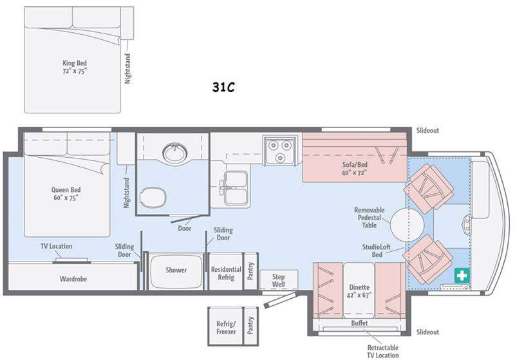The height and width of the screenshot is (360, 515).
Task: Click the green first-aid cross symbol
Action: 462,275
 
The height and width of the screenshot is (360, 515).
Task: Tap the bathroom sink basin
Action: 175,152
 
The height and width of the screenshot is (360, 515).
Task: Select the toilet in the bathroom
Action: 153,197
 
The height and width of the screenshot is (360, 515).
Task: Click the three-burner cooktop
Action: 280,150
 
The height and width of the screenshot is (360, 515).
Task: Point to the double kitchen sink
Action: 236,188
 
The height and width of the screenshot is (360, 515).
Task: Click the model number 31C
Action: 223,87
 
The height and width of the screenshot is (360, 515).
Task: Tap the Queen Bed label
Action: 66,189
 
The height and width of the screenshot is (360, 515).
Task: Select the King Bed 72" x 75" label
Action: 75,67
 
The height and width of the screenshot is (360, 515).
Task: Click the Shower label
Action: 176,270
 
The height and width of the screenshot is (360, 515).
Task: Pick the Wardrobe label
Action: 73,279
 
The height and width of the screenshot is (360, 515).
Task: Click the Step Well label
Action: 278,281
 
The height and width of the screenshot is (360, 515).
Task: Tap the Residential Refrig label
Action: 226,273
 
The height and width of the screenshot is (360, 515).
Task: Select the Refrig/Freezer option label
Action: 226,328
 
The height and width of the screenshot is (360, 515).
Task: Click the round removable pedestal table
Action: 407,224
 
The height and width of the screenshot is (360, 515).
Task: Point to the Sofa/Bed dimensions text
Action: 355,173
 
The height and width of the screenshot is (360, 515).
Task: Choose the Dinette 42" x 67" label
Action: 359,291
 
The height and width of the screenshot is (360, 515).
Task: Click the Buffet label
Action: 359,323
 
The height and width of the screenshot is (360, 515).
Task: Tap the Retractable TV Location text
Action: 383,351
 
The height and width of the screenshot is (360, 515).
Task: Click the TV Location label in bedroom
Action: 57,246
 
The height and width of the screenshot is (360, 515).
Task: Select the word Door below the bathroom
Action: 185,228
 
